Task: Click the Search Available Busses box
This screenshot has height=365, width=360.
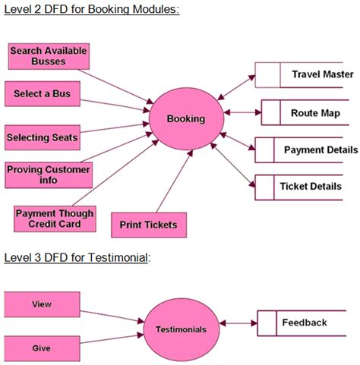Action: [49, 56]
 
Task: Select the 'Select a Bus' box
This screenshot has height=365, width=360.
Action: [42, 94]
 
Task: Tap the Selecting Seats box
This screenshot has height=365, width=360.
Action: [42, 137]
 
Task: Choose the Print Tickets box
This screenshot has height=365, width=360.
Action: [149, 225]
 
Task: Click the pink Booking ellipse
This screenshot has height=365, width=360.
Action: [186, 119]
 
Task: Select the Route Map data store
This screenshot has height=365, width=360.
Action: [307, 113]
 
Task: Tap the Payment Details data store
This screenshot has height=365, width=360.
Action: [307, 150]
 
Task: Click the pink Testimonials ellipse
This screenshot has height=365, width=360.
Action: [181, 329]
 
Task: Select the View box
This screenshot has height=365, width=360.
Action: [42, 304]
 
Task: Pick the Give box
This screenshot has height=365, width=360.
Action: [42, 348]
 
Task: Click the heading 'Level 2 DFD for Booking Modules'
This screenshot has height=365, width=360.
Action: [91, 10]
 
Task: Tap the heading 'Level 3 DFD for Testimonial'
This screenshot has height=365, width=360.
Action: [77, 258]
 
